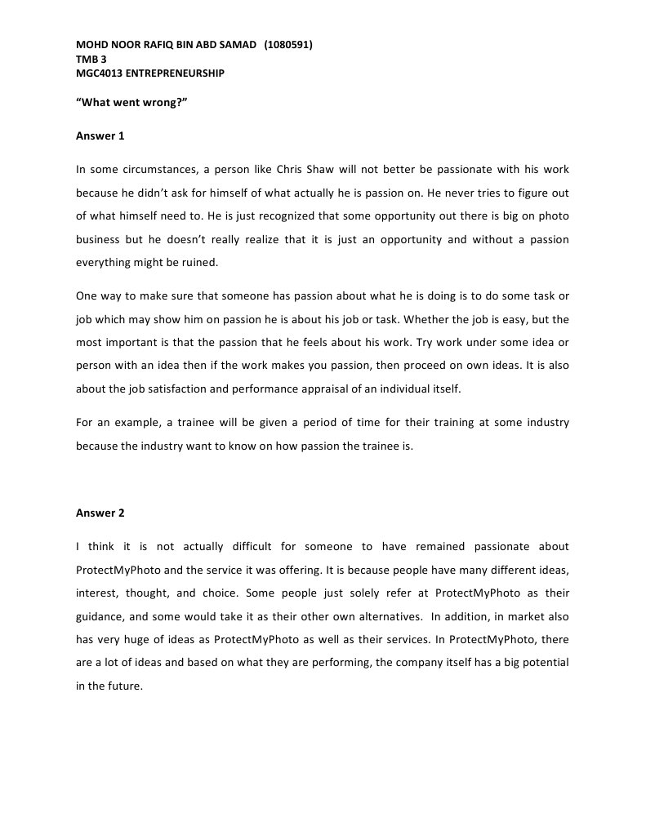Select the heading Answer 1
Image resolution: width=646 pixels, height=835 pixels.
(x=100, y=136)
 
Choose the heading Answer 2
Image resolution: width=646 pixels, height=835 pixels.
(x=100, y=513)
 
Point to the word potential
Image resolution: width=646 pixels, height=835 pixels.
(x=544, y=663)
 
